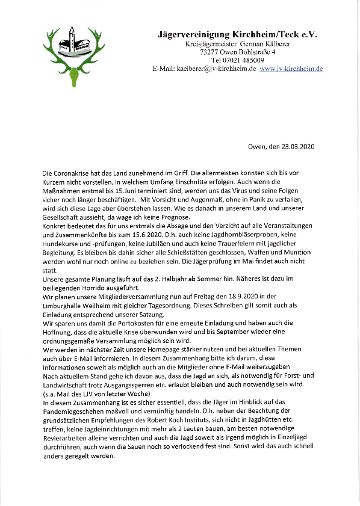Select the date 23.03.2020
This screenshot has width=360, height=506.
click(x=299, y=146)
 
